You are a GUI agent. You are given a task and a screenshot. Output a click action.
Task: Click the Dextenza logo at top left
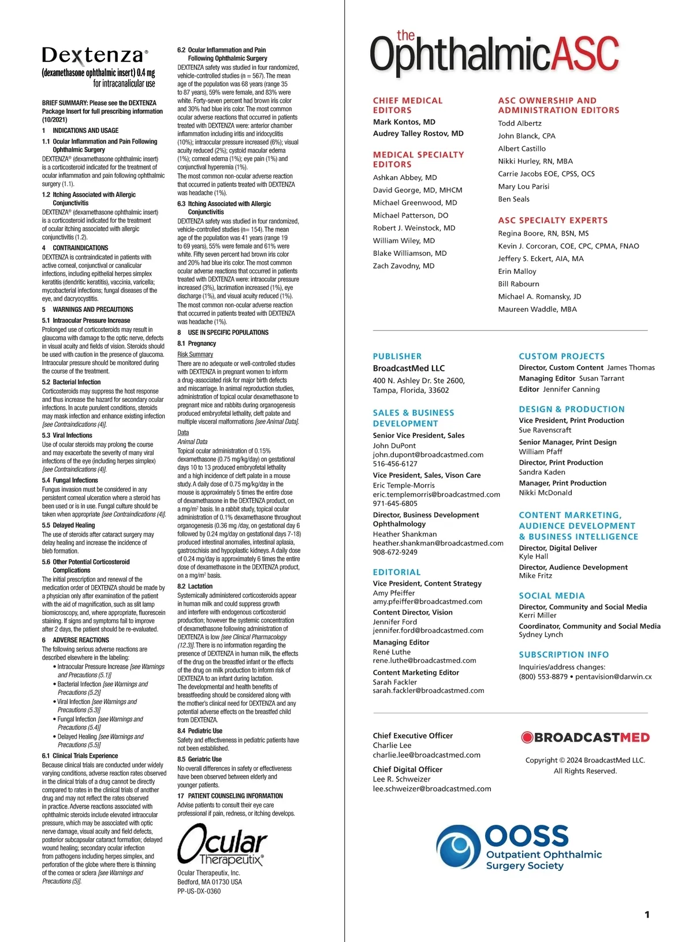pos(95,55)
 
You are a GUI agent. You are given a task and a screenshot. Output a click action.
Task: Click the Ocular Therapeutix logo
pos(222,844)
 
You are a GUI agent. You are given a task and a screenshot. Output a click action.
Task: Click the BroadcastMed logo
pos(585,737)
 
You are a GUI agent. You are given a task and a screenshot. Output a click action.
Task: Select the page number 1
pos(647,914)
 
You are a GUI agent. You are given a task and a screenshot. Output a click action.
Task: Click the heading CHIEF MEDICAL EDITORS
pos(408,105)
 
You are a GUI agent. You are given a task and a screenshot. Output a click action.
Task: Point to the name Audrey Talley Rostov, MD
pos(418,133)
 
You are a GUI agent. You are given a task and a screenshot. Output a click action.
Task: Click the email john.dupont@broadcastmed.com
pos(428,455)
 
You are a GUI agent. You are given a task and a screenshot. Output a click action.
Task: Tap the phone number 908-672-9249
pos(395,552)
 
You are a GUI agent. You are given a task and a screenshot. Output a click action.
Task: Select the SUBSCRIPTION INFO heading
pos(564,654)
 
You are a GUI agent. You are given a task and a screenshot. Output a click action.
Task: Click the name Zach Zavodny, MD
pos(404,266)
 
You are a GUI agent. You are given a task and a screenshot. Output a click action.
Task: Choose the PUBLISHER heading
pos(397,356)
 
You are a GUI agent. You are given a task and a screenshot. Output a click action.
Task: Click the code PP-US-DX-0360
pos(199,891)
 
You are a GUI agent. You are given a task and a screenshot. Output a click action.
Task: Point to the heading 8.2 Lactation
pos(195,586)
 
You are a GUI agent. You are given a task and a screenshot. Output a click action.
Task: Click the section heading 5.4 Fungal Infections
pos(70,480)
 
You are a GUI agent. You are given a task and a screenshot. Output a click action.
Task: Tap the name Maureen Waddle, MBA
pos(537,309)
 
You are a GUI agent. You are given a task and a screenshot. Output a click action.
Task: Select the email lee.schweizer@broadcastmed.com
pos(432,788)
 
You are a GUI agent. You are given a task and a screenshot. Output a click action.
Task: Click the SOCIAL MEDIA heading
pos(552,595)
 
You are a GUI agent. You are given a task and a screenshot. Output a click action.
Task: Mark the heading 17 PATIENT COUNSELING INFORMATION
pos(230,796)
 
